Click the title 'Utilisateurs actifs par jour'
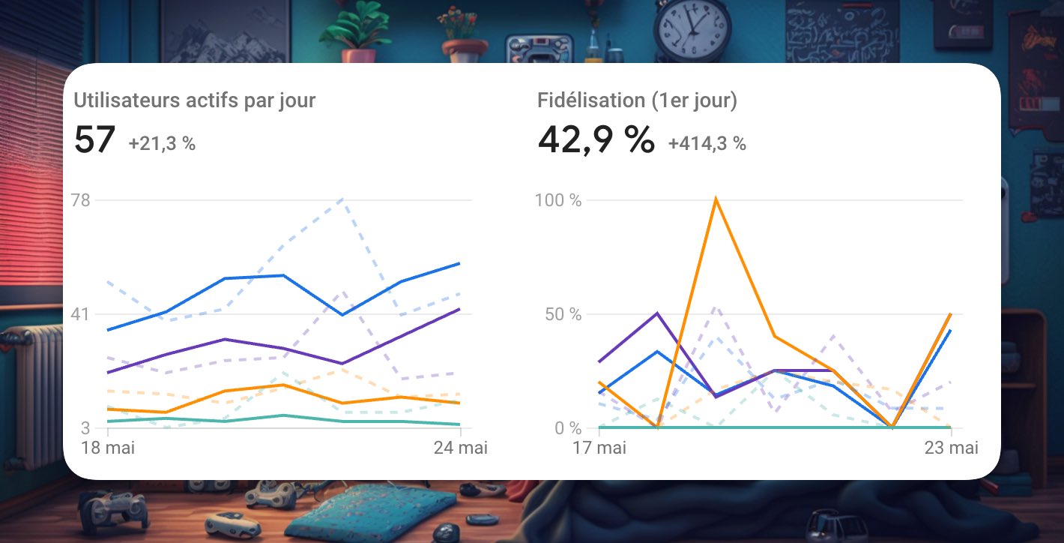tap(194, 100)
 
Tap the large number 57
tap(94, 139)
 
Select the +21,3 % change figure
tap(162, 143)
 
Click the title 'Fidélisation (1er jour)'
tap(637, 100)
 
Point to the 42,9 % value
tap(596, 139)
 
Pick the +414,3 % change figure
tap(707, 143)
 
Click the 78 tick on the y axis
tap(79, 200)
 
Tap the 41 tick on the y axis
tap(79, 314)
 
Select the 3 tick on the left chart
tap(85, 428)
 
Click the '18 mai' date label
tap(107, 448)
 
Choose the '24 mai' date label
tap(461, 448)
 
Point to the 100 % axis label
tap(558, 200)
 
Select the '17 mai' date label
tap(599, 448)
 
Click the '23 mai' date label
tap(951, 448)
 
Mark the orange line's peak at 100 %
tap(716, 199)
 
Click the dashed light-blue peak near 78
tap(342, 199)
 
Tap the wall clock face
tap(692, 28)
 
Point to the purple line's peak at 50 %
tap(657, 313)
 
